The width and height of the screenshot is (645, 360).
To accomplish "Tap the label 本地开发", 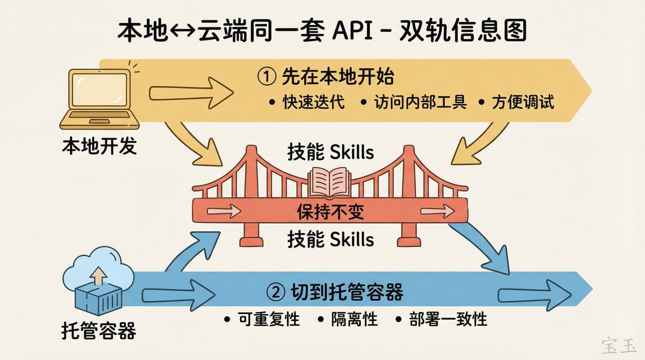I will point(99,146).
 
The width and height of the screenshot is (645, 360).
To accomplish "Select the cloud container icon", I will point(98,281).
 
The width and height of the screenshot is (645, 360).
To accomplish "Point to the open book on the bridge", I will point(328,181).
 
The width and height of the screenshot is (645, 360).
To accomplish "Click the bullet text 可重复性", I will point(268,319).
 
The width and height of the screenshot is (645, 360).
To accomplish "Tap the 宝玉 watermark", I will point(618,344).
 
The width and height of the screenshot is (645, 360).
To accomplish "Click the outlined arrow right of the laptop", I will point(191,92).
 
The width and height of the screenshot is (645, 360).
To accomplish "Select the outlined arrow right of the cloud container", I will point(177,296).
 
